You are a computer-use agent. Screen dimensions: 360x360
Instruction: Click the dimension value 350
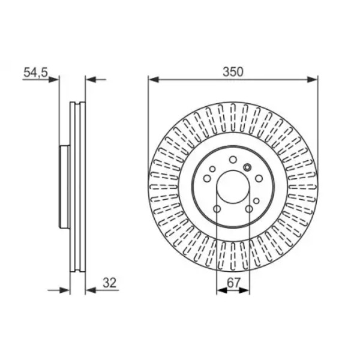(233, 72)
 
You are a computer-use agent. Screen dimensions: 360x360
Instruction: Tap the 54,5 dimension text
(35, 73)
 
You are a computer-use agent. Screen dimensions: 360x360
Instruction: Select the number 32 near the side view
(110, 283)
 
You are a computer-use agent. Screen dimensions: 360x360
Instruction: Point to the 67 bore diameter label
(233, 283)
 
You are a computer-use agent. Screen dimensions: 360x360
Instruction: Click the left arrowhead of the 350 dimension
(154, 80)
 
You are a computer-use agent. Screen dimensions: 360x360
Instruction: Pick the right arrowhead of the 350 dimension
(313, 80)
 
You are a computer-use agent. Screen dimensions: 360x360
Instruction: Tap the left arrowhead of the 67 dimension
(222, 290)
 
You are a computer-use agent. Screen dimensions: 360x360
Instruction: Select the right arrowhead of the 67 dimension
(244, 290)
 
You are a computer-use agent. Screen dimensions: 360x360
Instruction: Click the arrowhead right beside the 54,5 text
(54, 80)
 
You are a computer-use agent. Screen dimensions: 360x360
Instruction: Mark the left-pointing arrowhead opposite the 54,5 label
(91, 80)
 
